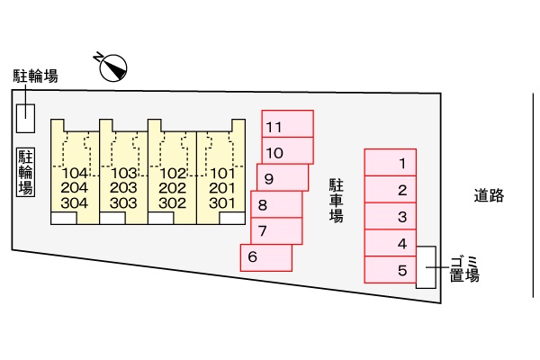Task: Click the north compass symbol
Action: (x=112, y=67)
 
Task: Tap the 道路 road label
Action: (x=490, y=195)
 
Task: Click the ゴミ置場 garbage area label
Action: (x=464, y=268)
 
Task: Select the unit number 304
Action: (x=75, y=203)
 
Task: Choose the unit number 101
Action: (x=220, y=173)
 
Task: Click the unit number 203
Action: (x=123, y=188)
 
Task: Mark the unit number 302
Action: (x=172, y=203)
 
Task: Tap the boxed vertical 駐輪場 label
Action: (x=26, y=172)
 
